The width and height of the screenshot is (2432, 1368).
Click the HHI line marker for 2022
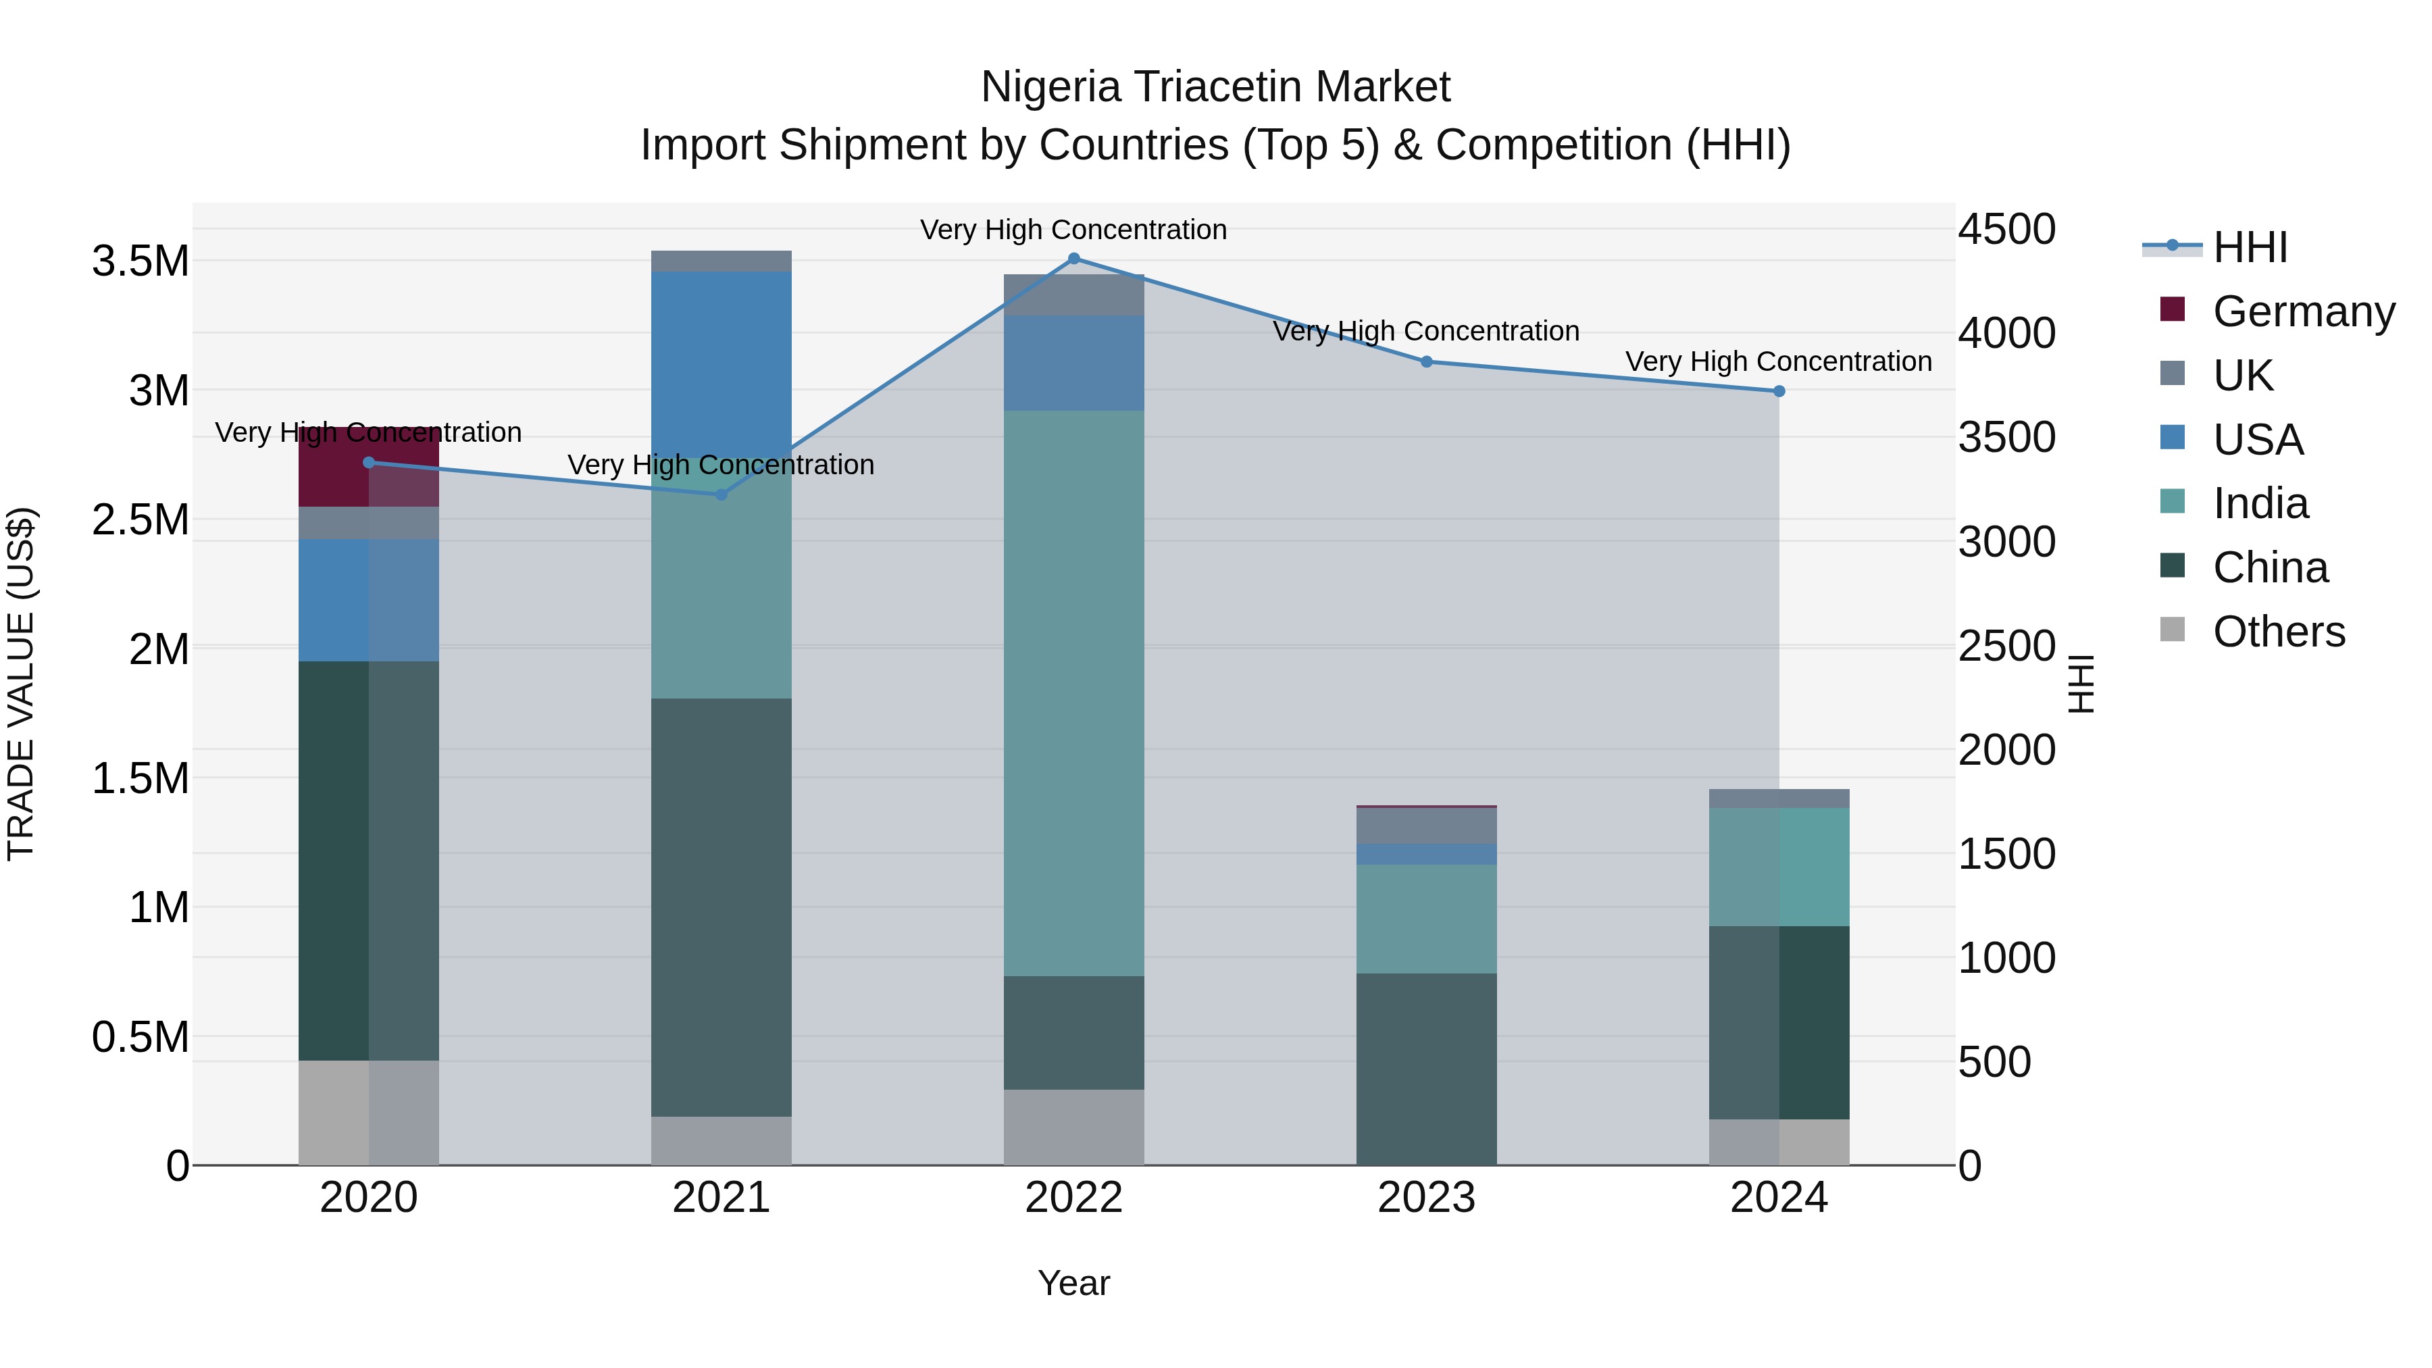pyautogui.click(x=1073, y=259)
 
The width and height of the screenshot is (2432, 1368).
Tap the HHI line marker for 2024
pyautogui.click(x=1779, y=391)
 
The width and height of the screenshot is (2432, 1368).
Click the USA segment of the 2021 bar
pyautogui.click(x=721, y=363)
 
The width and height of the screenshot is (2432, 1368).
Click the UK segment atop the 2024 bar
pyautogui.click(x=1779, y=798)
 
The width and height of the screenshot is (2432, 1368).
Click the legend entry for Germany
pyautogui.click(x=2303, y=311)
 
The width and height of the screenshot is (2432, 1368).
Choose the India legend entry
pyautogui.click(x=2260, y=503)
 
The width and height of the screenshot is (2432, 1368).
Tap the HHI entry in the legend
pyautogui.click(x=2249, y=247)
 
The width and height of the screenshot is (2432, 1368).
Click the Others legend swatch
pyautogui.click(x=2173, y=630)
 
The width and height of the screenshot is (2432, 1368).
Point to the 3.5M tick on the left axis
pyautogui.click(x=140, y=261)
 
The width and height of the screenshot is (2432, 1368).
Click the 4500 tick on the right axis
pyautogui.click(x=2006, y=230)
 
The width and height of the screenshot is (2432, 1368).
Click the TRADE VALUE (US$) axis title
pyautogui.click(x=21, y=684)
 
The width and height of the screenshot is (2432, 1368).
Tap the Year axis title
pyautogui.click(x=1073, y=1283)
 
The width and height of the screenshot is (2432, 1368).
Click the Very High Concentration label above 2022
pyautogui.click(x=1073, y=230)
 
